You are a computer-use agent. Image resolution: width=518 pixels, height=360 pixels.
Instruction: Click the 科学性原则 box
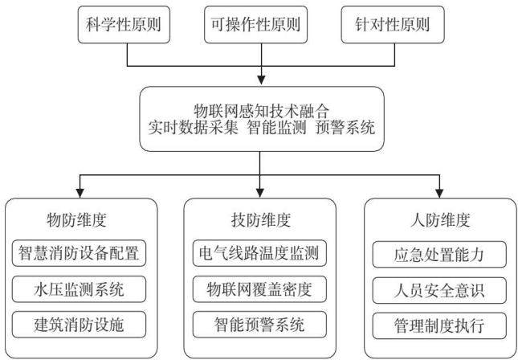click(124, 25)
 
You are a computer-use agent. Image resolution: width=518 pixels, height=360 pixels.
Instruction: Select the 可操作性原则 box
click(255, 25)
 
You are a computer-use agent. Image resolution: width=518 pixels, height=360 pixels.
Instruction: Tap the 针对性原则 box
click(393, 25)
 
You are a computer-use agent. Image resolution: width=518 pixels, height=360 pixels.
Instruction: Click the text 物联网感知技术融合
click(261, 111)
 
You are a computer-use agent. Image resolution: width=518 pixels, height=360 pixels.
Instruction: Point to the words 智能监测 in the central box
click(276, 128)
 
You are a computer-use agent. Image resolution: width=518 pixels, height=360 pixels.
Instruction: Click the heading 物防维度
click(76, 220)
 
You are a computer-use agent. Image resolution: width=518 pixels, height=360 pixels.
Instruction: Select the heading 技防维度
click(261, 220)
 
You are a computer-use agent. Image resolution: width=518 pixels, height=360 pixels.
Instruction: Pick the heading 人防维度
click(440, 220)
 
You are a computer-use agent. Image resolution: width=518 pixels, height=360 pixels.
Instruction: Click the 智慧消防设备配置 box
click(79, 253)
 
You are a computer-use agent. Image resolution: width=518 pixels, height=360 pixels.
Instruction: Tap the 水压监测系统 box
click(79, 289)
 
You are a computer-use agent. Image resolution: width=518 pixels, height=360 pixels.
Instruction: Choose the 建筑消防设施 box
click(79, 325)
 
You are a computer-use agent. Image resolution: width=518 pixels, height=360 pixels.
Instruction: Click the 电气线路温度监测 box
click(259, 253)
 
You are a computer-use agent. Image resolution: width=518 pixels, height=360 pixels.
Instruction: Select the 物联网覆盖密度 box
click(259, 289)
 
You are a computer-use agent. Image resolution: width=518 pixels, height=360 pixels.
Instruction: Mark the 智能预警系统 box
click(259, 325)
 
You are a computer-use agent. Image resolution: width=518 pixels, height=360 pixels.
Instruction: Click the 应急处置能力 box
click(439, 255)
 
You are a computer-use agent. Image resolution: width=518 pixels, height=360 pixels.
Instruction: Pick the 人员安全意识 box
click(439, 291)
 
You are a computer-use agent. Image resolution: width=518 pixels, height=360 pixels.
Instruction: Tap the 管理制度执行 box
click(439, 326)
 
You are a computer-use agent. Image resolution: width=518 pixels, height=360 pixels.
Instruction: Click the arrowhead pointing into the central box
click(261, 80)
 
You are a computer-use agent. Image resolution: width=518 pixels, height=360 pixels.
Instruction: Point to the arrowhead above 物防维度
click(80, 193)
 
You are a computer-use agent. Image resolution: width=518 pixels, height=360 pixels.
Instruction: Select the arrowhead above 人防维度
click(439, 193)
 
